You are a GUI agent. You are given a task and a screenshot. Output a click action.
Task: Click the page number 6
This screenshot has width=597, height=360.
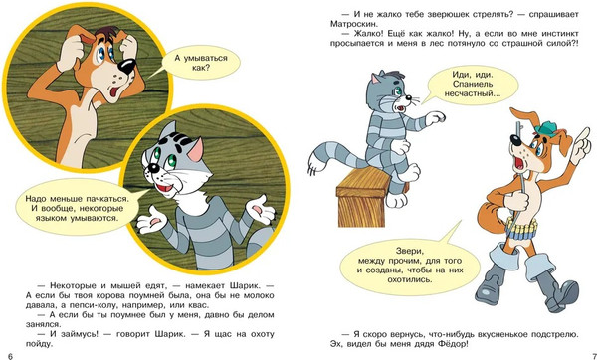tap(10, 356)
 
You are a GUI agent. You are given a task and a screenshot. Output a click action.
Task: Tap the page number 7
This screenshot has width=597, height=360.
tap(594, 356)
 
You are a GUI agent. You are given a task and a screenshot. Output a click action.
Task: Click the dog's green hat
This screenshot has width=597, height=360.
tap(545, 129)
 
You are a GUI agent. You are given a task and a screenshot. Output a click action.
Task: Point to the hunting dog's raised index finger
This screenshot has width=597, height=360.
tap(586, 134)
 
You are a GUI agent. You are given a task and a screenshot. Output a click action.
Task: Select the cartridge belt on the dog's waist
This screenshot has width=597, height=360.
tap(522, 229)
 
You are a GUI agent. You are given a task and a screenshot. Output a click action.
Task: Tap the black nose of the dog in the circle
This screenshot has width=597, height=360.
tap(126, 67)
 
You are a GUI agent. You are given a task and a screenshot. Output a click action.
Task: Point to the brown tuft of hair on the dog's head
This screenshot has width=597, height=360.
tap(109, 34)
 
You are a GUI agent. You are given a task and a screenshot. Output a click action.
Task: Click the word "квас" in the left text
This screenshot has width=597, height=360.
tap(199, 305)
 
